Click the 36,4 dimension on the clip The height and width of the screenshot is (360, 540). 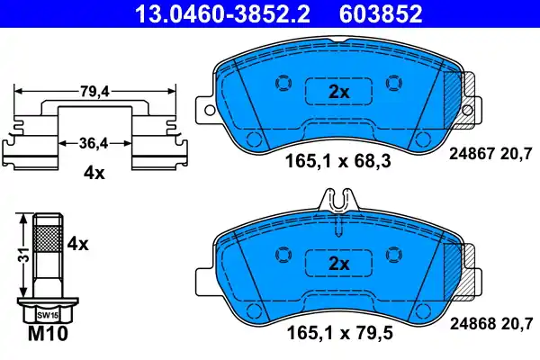point(94,142)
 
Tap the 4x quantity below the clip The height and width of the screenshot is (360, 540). point(94,174)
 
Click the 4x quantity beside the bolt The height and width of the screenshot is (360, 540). point(79,243)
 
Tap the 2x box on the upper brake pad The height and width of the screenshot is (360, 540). point(337,93)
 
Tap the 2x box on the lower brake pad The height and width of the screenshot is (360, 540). point(337,264)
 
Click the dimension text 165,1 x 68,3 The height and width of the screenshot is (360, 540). point(337,165)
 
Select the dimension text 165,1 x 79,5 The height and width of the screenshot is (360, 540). point(337,336)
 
